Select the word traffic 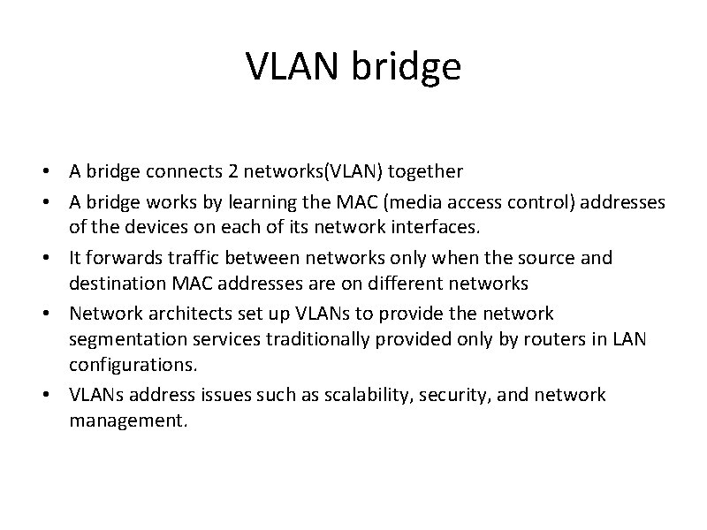pyautogui.click(x=191, y=258)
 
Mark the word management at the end pyautogui.click(x=127, y=421)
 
